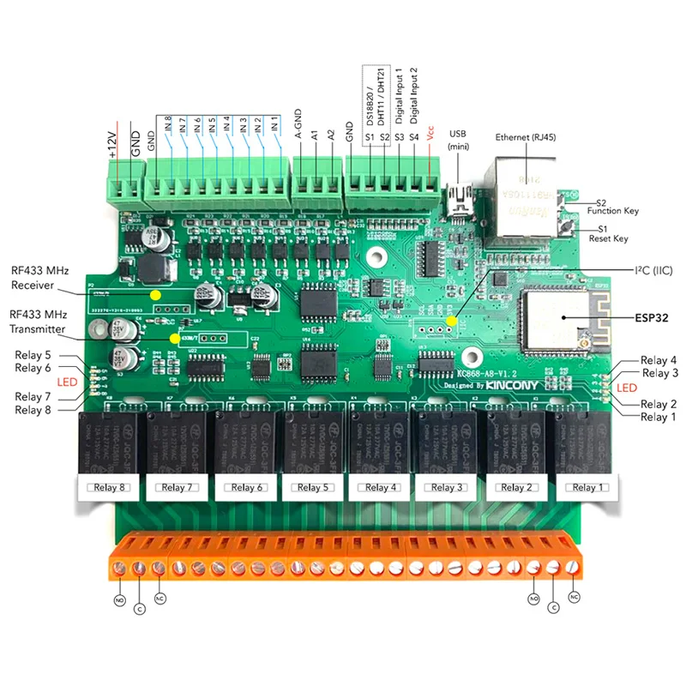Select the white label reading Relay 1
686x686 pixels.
click(585, 487)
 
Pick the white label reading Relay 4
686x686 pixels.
click(381, 487)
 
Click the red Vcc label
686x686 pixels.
click(430, 136)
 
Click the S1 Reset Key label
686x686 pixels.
click(608, 233)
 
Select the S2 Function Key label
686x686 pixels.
click(611, 205)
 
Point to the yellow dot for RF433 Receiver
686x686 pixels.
click(155, 295)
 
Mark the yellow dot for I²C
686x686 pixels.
click(453, 319)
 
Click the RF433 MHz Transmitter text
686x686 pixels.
click(39, 321)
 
